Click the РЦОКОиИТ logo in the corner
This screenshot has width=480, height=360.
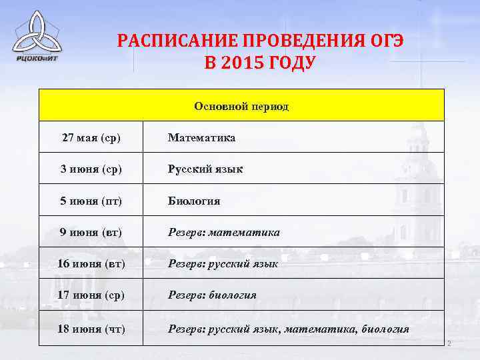pos(37,37)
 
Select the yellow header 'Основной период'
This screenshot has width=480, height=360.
pos(241,106)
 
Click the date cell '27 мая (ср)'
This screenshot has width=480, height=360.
pos(91,138)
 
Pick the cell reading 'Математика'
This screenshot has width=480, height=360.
pos(201,138)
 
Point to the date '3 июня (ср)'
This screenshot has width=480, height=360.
pos(91,169)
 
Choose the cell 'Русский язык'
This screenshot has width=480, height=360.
pos(205,169)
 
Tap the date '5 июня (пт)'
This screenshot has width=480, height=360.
pos(91,201)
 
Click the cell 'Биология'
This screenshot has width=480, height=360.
pos(194,201)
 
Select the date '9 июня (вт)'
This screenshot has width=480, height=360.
pos(91,232)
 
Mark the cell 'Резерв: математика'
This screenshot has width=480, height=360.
pos(224,232)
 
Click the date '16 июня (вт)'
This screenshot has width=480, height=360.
pos(91,263)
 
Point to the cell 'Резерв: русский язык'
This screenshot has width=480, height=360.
pos(223,263)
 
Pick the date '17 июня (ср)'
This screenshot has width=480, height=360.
pos(91,295)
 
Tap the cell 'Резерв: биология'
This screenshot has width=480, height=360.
pos(212,295)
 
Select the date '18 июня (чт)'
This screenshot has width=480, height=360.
pos(91,329)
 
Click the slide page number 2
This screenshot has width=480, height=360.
pos(449,344)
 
